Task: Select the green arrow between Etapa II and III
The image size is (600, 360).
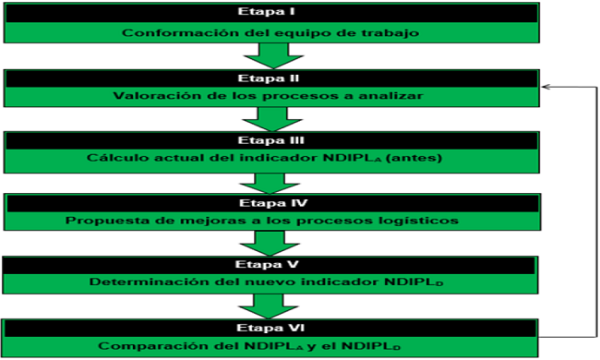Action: [x=270, y=118]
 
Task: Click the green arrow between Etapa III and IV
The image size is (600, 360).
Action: [x=270, y=181]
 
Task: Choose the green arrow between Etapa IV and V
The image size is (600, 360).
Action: [x=270, y=243]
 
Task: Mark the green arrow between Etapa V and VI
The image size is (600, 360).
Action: [x=270, y=305]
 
